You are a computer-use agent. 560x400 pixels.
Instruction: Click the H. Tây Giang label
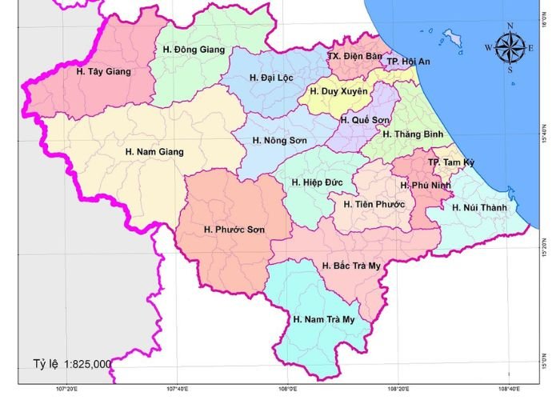tap(103, 71)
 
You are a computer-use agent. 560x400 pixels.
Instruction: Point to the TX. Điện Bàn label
tap(355, 57)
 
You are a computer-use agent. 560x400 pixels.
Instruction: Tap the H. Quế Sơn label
tap(365, 120)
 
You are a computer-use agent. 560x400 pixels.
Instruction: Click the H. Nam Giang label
tap(154, 151)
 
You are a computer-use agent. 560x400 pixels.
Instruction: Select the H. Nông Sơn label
tap(279, 141)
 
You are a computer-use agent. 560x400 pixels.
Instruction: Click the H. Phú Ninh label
tap(426, 186)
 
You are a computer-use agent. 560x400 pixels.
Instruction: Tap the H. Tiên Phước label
tap(374, 204)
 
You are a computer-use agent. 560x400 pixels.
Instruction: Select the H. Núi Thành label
tap(479, 208)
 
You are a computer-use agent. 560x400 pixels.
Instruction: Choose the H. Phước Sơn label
tap(234, 230)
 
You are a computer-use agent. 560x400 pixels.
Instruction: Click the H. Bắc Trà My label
tap(352, 266)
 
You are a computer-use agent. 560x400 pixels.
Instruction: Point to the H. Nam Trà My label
tap(323, 319)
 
